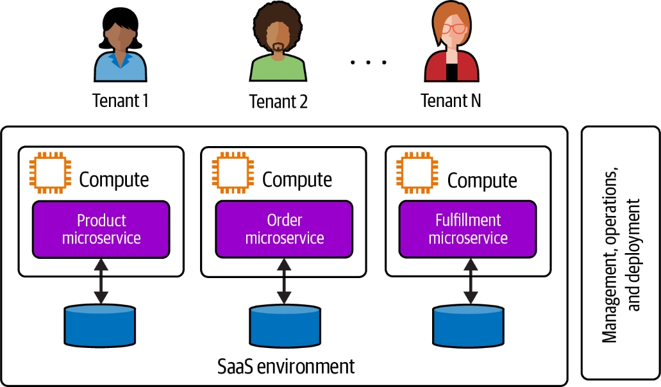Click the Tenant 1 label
(x=121, y=101)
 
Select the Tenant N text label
(x=451, y=101)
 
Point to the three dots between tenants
(x=369, y=62)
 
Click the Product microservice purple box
(x=101, y=229)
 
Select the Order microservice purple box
(x=284, y=229)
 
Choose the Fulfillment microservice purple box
(x=468, y=229)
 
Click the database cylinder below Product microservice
(x=100, y=325)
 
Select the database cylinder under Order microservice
(x=285, y=325)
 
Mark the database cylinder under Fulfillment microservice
(x=468, y=325)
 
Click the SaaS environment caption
(x=285, y=366)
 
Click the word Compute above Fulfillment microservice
(x=482, y=181)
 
